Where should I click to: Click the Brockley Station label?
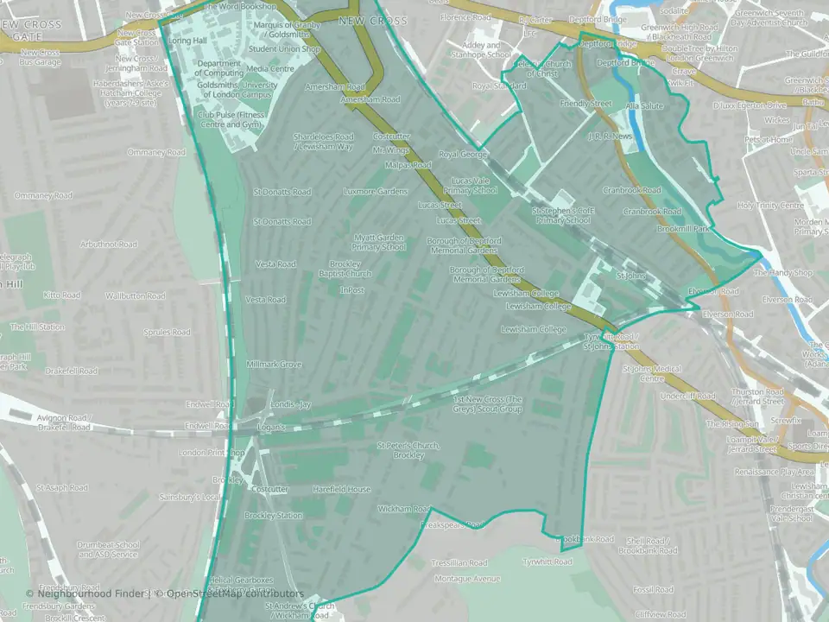point(273,516)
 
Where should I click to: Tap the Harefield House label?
point(341,490)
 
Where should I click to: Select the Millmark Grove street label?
point(274,365)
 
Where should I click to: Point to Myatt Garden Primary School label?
point(379,242)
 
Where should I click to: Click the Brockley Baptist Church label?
point(345,269)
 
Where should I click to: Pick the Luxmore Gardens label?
point(374,191)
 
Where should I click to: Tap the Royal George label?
point(463,155)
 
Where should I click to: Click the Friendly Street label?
point(585,104)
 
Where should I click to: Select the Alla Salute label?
point(644,105)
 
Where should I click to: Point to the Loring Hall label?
point(187,41)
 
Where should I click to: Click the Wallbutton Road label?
point(135,295)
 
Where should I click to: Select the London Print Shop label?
point(212,453)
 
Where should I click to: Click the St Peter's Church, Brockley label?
point(408,450)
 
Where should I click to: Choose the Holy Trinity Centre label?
point(769,206)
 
